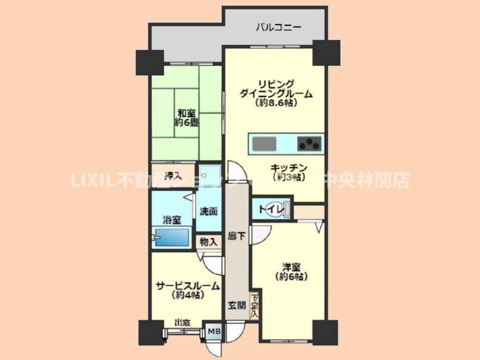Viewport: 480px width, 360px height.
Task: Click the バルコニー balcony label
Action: click(x=279, y=27)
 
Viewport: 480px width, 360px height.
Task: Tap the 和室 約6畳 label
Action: click(x=186, y=118)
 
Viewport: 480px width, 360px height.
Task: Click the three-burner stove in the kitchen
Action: click(x=309, y=144)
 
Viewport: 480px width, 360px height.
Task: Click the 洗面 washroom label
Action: click(x=208, y=211)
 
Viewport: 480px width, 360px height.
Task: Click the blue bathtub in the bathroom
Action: click(x=171, y=238)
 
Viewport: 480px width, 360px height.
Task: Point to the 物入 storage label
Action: click(x=208, y=241)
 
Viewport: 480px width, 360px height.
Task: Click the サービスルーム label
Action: click(x=188, y=290)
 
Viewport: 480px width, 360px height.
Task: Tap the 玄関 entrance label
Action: click(x=236, y=305)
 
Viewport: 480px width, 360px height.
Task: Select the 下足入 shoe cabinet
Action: click(x=255, y=307)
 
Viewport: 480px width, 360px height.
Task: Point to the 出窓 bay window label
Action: click(x=182, y=323)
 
